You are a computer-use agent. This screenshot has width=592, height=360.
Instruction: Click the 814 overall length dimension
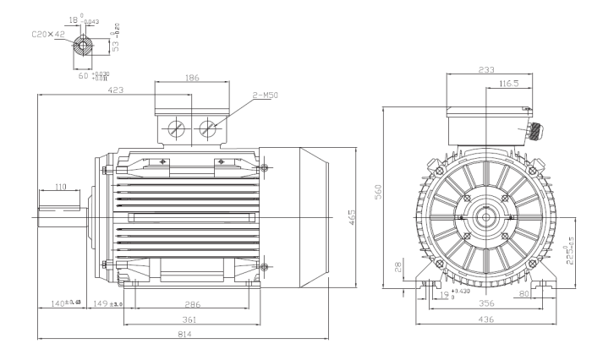(185, 334)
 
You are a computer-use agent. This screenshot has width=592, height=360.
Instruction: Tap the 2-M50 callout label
(265, 97)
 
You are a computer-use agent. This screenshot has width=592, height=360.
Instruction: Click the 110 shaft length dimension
(61, 187)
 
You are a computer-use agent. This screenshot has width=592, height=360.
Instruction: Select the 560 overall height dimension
(379, 193)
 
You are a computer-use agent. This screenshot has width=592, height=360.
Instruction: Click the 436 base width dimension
(485, 319)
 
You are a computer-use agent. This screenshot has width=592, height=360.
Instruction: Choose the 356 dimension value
(487, 303)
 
